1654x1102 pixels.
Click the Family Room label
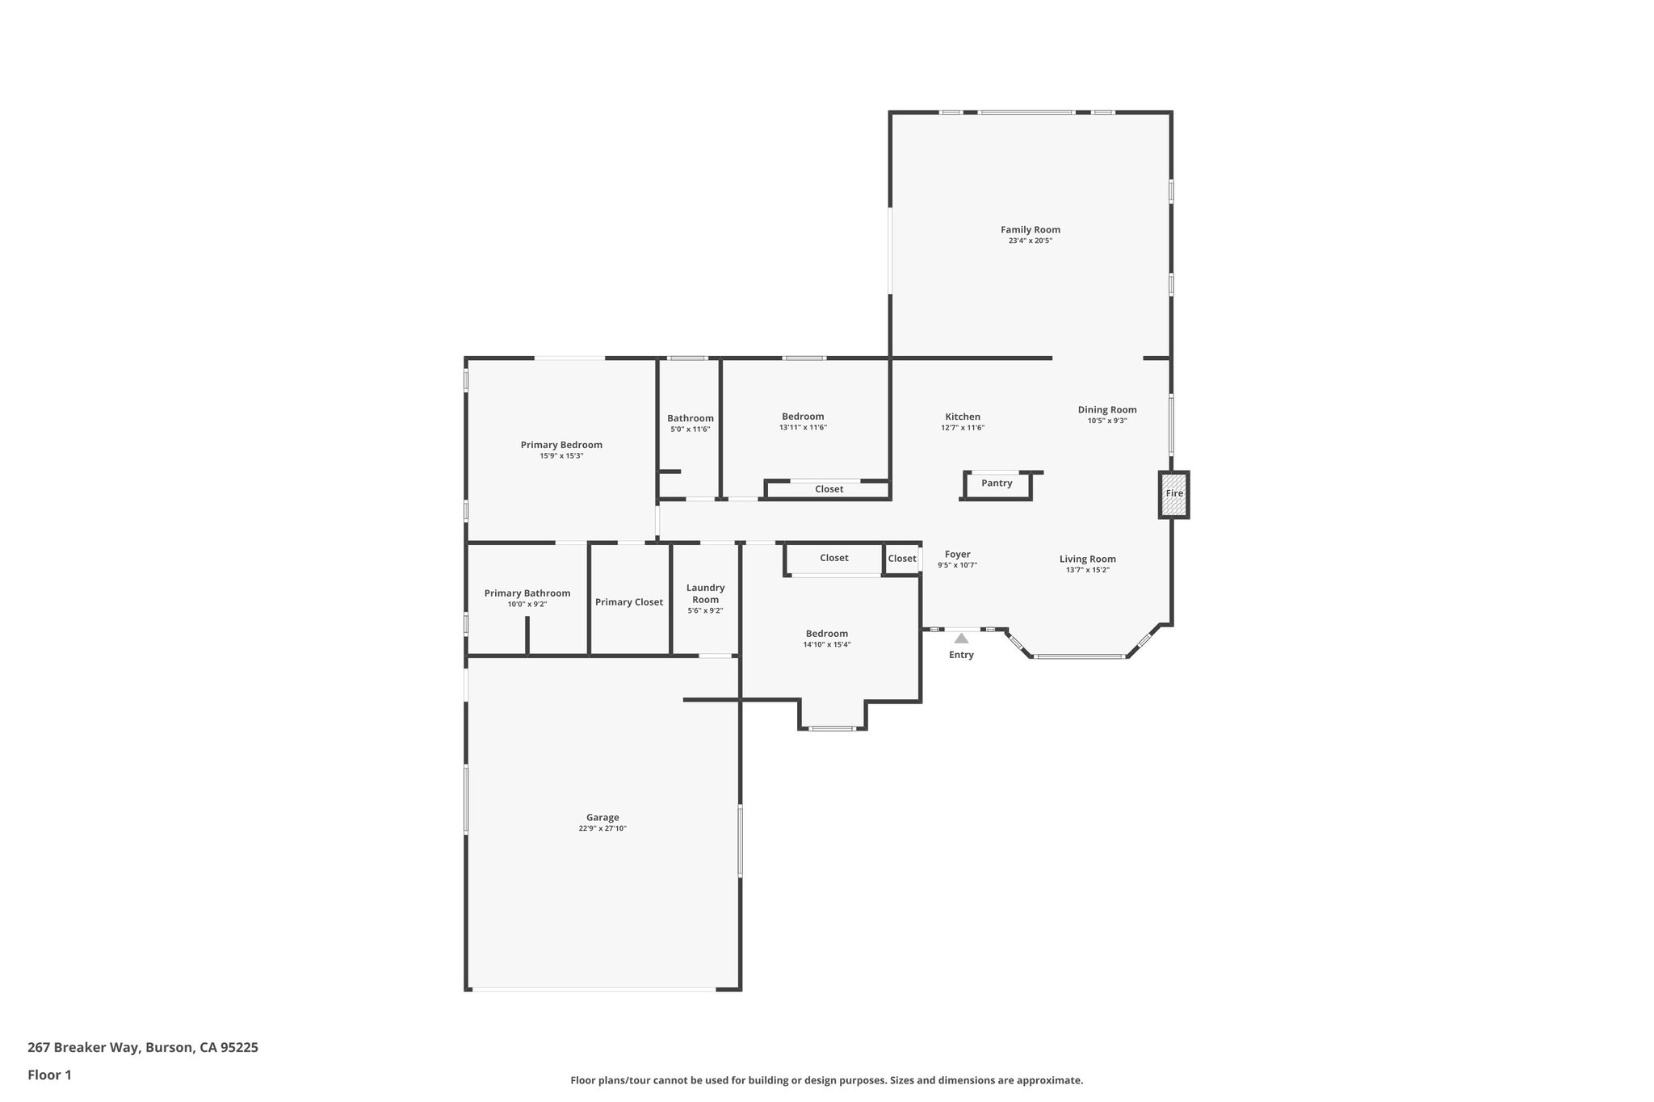click(1030, 230)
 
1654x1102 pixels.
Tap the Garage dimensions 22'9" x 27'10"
click(602, 828)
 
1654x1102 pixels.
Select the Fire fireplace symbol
click(1173, 494)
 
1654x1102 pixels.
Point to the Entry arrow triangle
click(961, 639)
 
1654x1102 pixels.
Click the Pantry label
click(997, 484)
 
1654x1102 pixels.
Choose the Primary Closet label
click(628, 602)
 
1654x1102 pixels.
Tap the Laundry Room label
click(705, 593)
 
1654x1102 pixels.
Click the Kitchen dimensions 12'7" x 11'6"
click(963, 428)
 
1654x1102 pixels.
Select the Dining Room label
click(1106, 410)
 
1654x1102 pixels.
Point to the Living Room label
click(1087, 559)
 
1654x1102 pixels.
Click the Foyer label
click(957, 555)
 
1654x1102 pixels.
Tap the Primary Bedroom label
click(561, 445)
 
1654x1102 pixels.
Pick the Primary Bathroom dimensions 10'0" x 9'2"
click(527, 604)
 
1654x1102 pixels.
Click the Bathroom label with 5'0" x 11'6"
click(690, 418)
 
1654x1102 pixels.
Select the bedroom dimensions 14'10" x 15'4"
click(827, 644)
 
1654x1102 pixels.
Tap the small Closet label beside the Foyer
click(902, 559)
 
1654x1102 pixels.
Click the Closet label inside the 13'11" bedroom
click(829, 489)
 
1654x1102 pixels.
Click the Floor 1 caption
click(49, 1075)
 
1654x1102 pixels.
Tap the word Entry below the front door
click(961, 655)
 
